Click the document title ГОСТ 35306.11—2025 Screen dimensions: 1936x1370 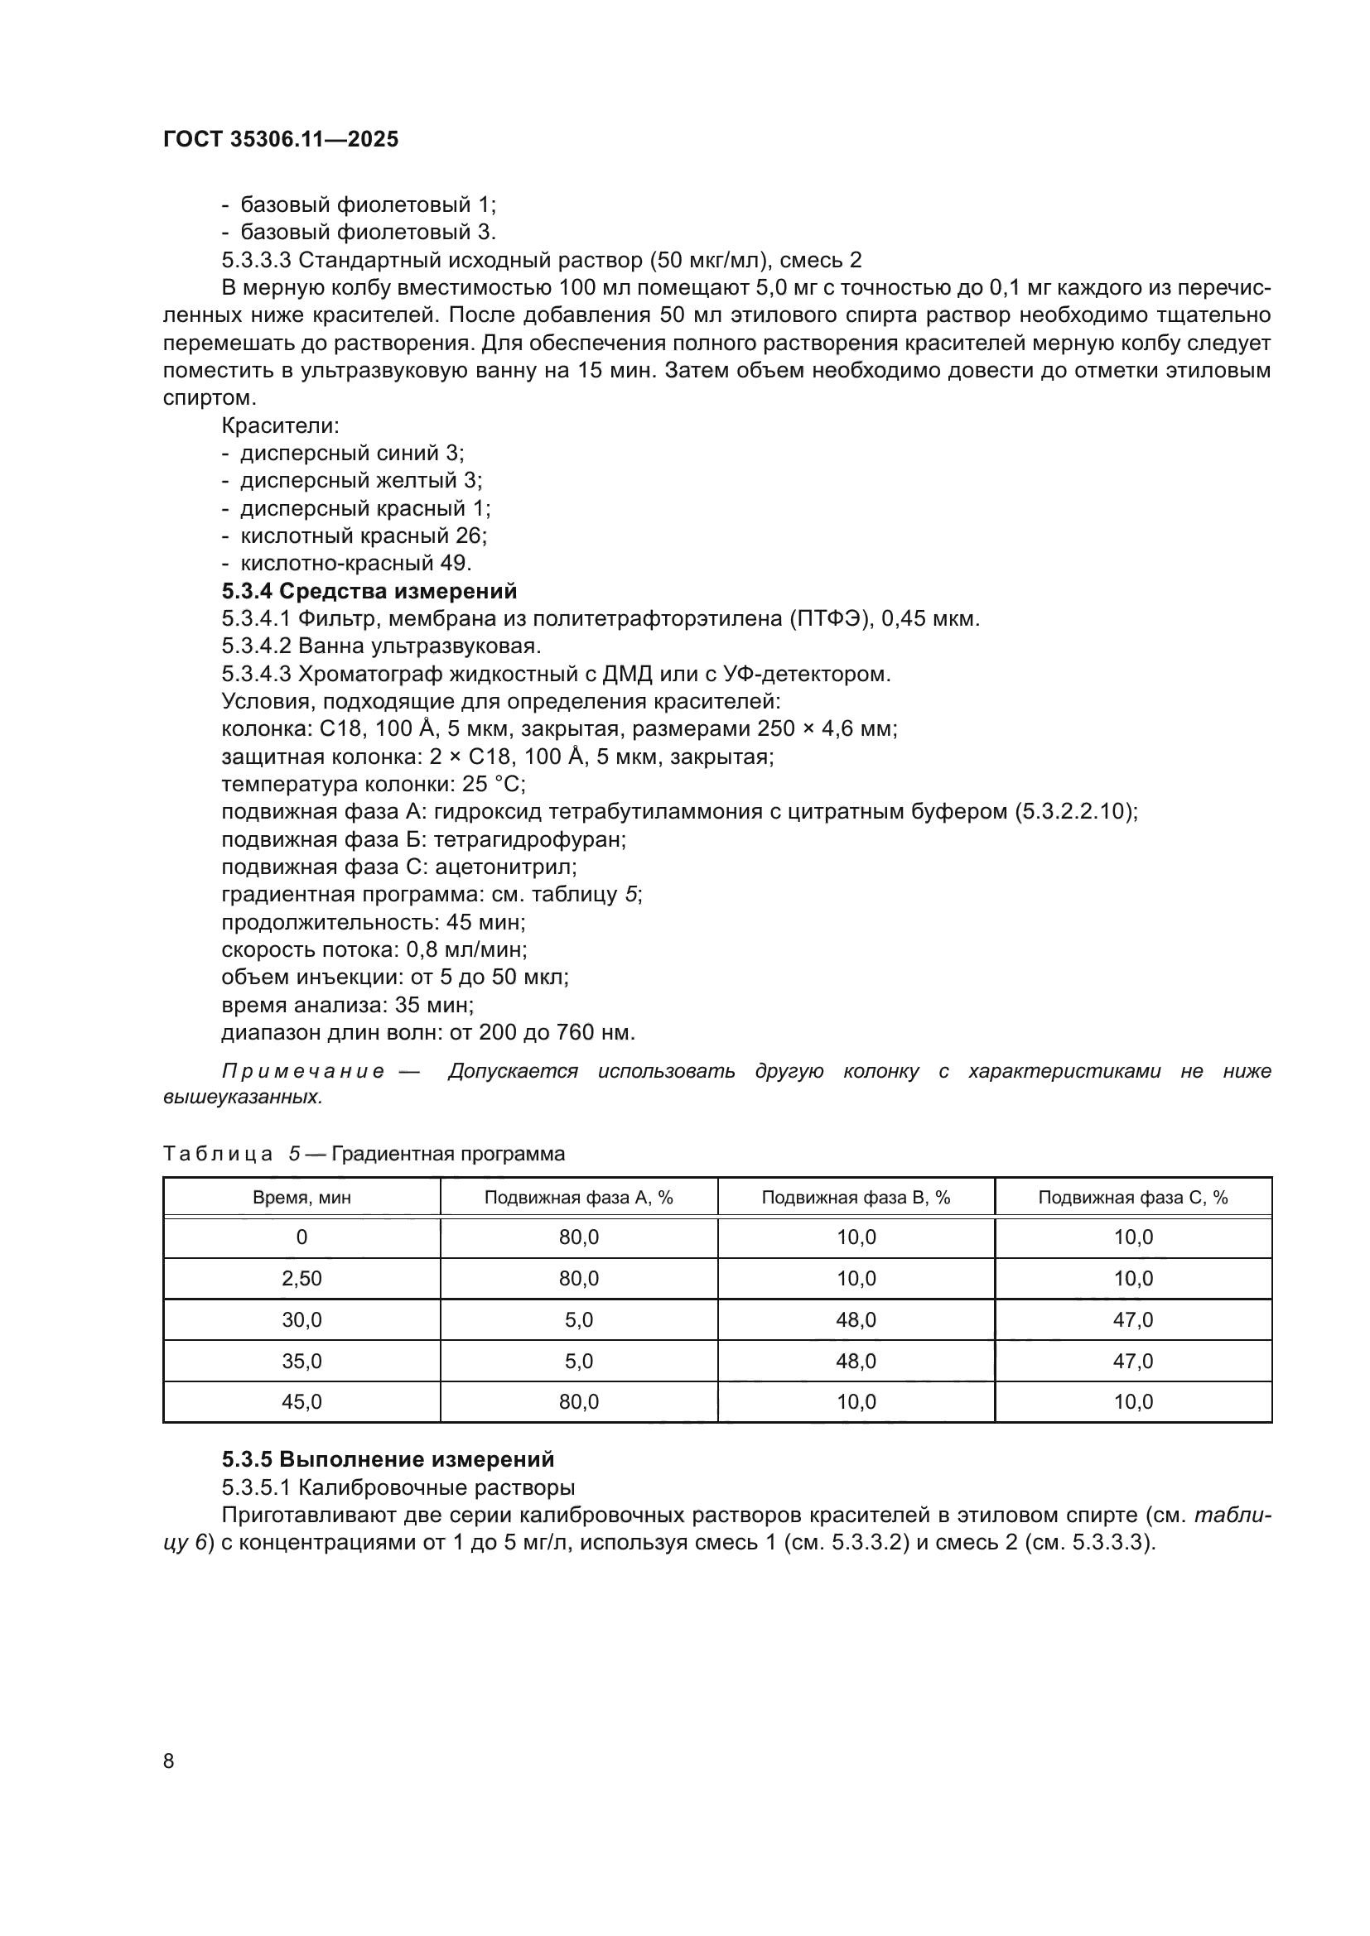click(280, 139)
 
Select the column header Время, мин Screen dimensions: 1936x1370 click(302, 1198)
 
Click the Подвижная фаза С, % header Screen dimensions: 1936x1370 click(1133, 1198)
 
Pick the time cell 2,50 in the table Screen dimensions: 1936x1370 click(302, 1278)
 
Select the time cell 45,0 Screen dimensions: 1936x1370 click(302, 1401)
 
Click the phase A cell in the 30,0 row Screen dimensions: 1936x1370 click(579, 1319)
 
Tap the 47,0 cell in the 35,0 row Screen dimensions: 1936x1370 click(1133, 1361)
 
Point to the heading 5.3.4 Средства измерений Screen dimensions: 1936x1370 click(369, 591)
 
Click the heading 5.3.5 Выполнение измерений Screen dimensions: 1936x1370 click(388, 1458)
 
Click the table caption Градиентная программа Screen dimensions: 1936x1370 click(448, 1154)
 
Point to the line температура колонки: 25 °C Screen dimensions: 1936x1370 click(373, 784)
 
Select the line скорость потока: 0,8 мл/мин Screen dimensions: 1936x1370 click(374, 949)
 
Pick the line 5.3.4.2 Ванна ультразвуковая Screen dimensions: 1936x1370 click(380, 646)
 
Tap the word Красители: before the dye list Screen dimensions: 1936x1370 click(280, 425)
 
